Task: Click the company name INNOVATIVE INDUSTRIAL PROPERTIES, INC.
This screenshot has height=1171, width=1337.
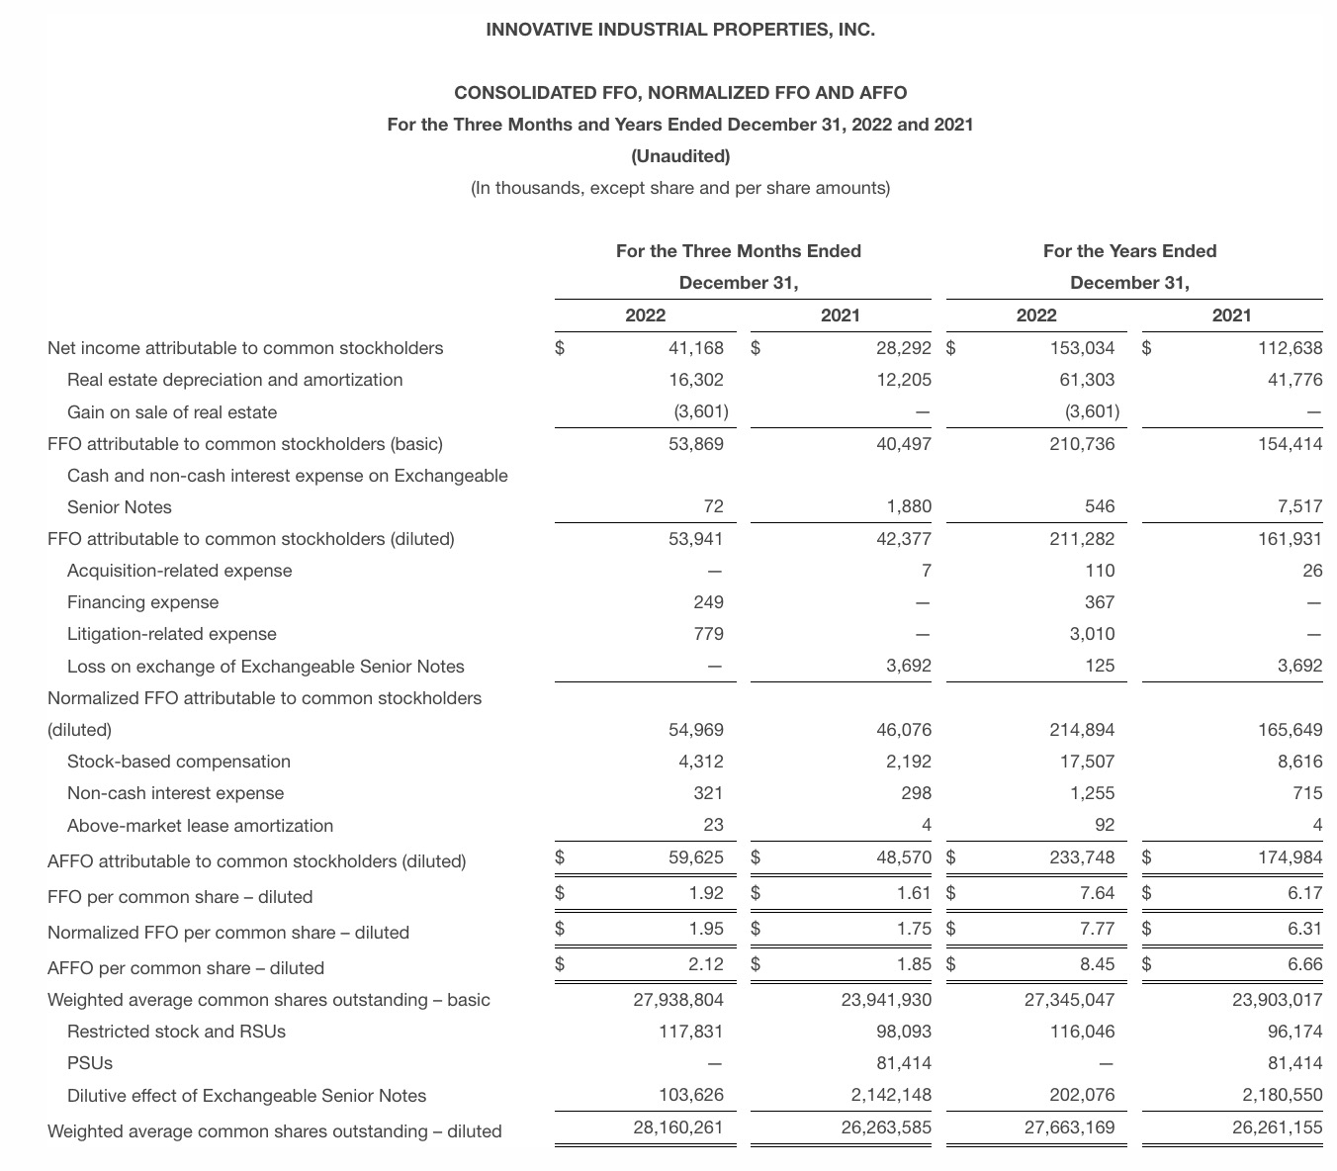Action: click(680, 30)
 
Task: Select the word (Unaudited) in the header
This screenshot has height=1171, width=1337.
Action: click(680, 156)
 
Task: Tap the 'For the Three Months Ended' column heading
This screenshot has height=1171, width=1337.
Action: click(738, 251)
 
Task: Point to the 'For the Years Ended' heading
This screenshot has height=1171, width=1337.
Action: click(1129, 251)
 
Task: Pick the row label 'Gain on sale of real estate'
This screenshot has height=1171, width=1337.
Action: click(172, 412)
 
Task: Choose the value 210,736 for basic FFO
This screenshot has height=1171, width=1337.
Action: click(1082, 444)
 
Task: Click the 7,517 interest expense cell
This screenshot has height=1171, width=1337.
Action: click(1299, 507)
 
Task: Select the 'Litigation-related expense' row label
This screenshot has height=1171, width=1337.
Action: click(172, 634)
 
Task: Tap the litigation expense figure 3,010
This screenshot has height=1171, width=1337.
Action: click(1092, 634)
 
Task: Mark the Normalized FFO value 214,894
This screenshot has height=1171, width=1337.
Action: click(1082, 730)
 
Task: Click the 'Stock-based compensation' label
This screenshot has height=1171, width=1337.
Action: click(179, 762)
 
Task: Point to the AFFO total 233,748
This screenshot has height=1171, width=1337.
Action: click(1082, 857)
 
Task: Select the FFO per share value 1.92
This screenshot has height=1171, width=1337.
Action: click(705, 893)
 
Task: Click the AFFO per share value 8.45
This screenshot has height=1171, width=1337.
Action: click(1097, 964)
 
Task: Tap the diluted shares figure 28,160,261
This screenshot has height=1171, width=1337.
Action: click(677, 1127)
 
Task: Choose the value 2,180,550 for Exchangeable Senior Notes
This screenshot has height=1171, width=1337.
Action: click(1277, 1096)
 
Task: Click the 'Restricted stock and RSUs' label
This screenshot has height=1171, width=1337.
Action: click(176, 1032)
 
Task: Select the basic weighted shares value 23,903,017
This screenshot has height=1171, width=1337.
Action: click(1277, 1000)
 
